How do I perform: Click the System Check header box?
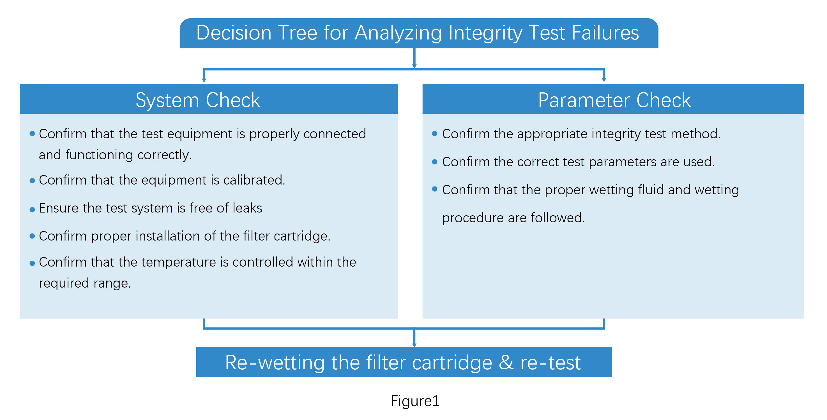click(x=208, y=99)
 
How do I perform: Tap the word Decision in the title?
click(x=234, y=33)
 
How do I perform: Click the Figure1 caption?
click(x=415, y=401)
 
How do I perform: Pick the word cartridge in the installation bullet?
click(x=301, y=236)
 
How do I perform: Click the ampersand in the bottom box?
click(x=506, y=362)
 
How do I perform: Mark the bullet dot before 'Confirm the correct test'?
click(x=435, y=162)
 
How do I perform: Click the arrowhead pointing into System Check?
click(x=204, y=80)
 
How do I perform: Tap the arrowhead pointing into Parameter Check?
click(x=604, y=80)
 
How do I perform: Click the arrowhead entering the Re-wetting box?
click(x=414, y=345)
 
